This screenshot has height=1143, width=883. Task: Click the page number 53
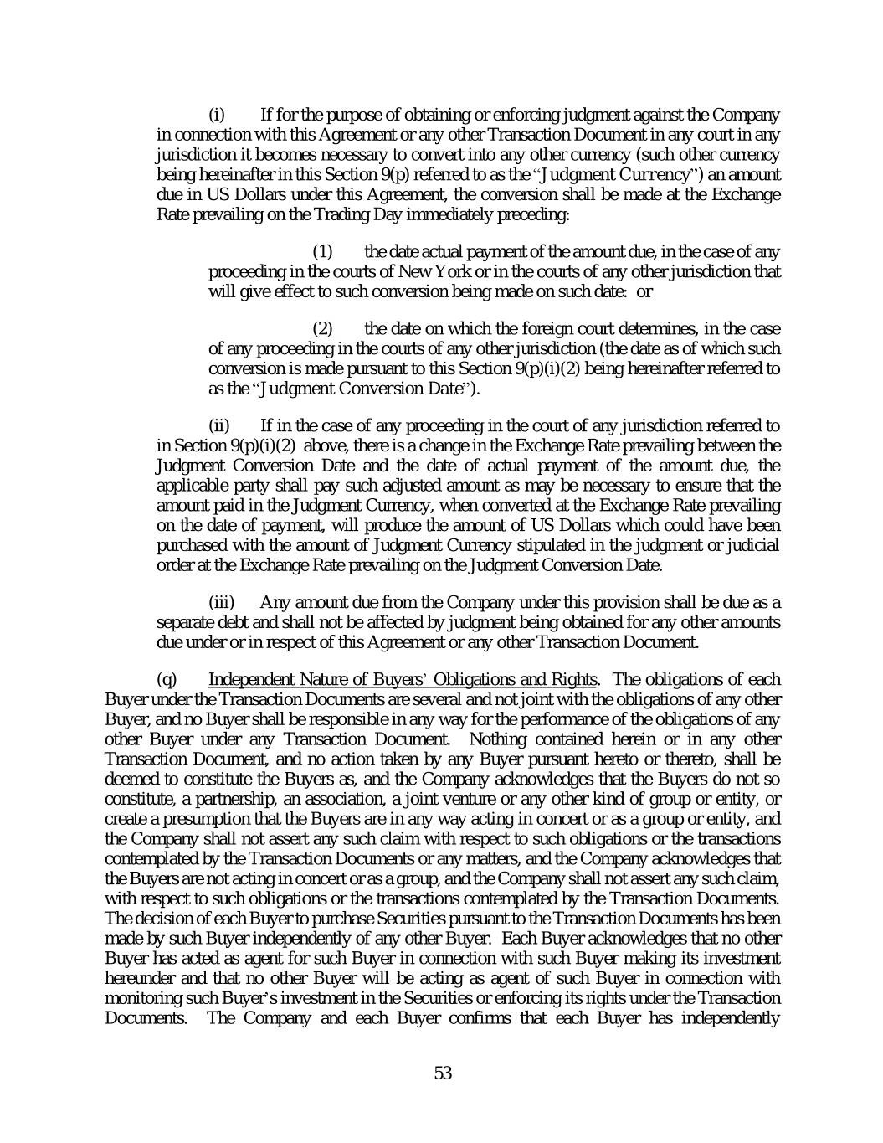[443, 1073]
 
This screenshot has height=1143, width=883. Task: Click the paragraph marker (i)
[217, 114]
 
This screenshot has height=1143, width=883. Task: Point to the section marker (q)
[167, 679]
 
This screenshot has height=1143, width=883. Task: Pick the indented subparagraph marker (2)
[323, 328]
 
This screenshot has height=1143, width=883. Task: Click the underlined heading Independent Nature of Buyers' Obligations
[403, 679]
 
